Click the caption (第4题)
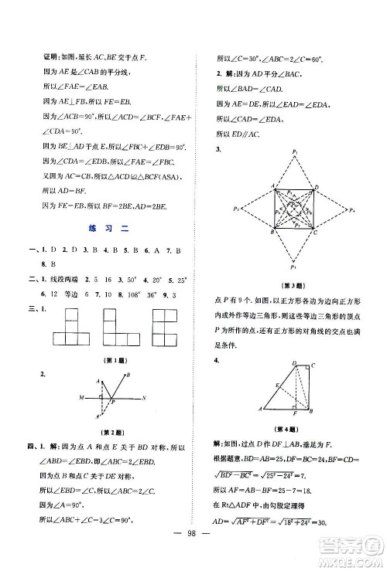296,429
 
